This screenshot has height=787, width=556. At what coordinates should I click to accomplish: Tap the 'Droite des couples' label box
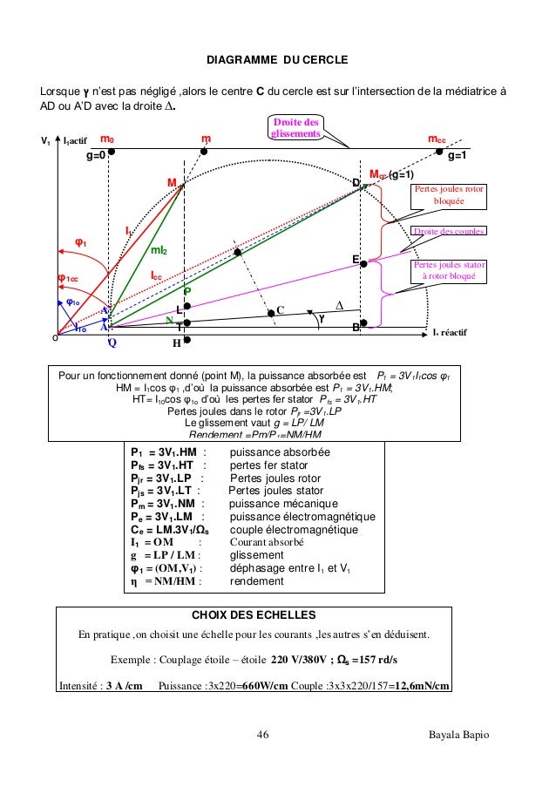[x=450, y=231]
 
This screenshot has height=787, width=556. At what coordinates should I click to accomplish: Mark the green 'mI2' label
[x=159, y=251]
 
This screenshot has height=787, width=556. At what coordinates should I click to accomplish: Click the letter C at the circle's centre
[x=281, y=309]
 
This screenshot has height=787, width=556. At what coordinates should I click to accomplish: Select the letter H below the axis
[x=175, y=343]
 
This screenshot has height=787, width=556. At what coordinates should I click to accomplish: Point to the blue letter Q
[x=112, y=343]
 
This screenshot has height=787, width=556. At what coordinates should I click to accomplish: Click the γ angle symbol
[x=322, y=319]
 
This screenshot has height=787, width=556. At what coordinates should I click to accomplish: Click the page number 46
[x=262, y=736]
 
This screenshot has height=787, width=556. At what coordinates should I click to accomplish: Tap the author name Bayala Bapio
[x=458, y=736]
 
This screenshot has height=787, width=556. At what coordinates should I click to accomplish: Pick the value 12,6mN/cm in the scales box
[x=421, y=685]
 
